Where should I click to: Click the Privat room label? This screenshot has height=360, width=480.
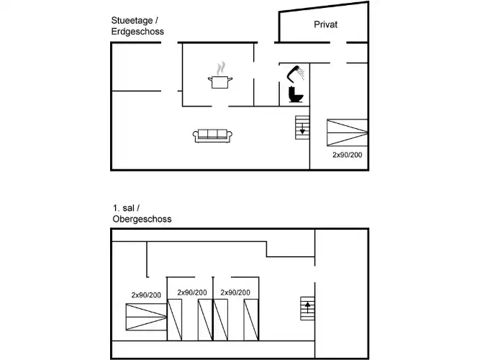tap(326, 24)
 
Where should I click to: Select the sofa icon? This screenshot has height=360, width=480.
tap(212, 135)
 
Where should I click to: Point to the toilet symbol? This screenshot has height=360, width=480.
tap(295, 95)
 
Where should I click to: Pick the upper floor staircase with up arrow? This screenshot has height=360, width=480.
tap(307, 310)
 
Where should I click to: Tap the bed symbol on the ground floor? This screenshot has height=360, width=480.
tap(347, 133)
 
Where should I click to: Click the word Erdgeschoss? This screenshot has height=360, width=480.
tap(137, 32)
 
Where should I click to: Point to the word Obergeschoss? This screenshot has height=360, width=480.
tap(142, 219)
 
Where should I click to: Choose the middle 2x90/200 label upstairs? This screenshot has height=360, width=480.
tap(192, 292)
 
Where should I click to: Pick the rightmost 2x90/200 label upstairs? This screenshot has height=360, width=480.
tap(235, 292)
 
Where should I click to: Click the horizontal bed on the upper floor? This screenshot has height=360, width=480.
tap(145, 317)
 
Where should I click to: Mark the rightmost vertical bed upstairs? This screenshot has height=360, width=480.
tap(250, 319)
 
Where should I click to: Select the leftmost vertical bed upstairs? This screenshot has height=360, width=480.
tap(176, 319)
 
